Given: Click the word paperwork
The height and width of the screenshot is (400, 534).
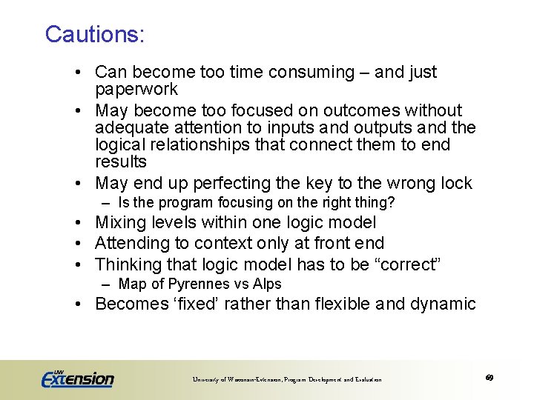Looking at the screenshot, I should coord(136,90).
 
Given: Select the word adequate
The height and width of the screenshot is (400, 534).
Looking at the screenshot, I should coord(128,127).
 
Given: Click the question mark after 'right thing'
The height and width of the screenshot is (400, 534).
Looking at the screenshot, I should coord(392,203).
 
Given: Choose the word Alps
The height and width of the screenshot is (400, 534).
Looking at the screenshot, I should coord(266,284).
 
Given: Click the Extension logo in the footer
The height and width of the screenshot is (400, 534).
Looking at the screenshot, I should coord(78,378).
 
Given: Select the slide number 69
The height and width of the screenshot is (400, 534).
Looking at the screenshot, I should coord(489,378).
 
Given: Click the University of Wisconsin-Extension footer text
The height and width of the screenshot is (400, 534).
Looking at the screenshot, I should coord(287,380).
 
